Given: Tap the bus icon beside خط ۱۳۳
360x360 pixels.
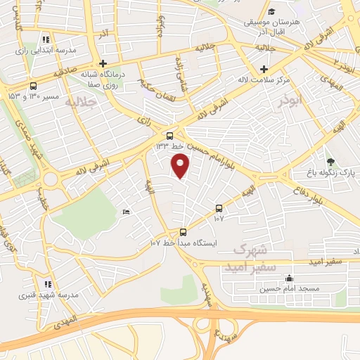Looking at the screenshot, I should point(170,136).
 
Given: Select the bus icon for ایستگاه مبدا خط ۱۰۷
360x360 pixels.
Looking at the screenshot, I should point(183,232).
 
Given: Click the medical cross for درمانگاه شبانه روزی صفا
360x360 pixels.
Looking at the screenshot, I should point(103,63).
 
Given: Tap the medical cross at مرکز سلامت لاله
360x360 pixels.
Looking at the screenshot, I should point(264,69).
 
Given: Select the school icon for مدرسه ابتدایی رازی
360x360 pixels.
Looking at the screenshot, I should point(46,40).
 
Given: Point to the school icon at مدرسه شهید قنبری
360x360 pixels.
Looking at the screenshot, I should point(47,284).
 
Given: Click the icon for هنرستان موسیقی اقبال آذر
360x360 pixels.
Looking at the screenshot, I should point(271,12).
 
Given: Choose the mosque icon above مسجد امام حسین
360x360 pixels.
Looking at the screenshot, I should point(289,278).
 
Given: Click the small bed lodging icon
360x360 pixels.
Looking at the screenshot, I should point(126,212).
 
